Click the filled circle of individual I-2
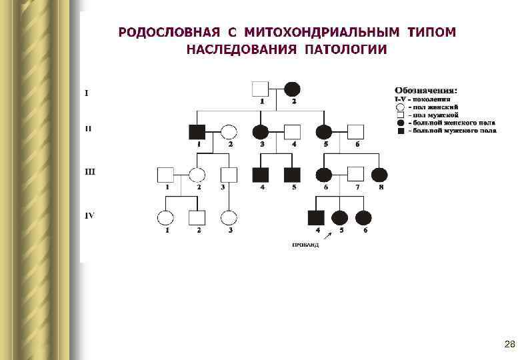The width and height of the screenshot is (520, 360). [292, 89]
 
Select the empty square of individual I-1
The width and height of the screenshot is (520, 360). [260, 89]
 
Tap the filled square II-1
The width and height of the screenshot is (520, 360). [197, 131]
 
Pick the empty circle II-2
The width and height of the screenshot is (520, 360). [229, 131]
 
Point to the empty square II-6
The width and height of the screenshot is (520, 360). [356, 131]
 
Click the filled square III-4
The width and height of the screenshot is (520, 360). [260, 175]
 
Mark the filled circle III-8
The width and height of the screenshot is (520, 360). [379, 175]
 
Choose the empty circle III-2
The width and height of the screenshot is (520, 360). [197, 175]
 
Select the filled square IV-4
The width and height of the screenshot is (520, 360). [315, 217]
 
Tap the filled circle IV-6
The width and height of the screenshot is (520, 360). [363, 217]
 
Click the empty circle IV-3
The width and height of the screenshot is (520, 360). [229, 217]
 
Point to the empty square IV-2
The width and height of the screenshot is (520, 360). [197, 217]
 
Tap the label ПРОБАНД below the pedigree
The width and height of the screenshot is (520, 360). [305, 245]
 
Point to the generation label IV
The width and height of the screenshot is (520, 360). [89, 215]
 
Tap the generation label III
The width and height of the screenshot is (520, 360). [90, 171]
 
